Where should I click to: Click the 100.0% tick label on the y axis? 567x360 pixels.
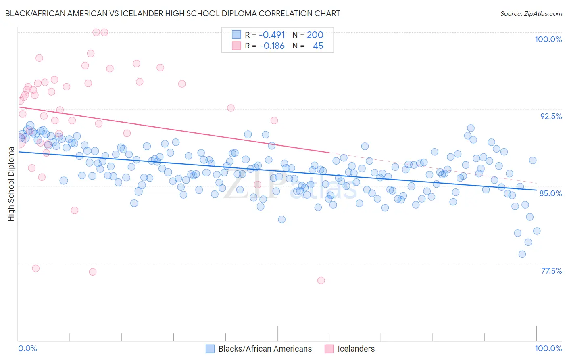[548, 39]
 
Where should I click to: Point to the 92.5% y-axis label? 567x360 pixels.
[551, 116]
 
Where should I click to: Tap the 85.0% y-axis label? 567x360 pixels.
[550, 193]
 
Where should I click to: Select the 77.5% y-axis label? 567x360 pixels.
[551, 271]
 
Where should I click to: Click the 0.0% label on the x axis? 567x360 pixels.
[27, 348]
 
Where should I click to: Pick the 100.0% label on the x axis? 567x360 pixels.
[548, 348]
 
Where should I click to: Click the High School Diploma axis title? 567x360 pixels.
[11, 184]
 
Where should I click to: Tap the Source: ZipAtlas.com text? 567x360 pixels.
[531, 13]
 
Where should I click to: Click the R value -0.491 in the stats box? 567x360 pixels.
[272, 35]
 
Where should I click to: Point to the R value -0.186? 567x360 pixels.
[272, 46]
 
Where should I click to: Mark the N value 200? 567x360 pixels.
[315, 35]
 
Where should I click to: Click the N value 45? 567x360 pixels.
[318, 46]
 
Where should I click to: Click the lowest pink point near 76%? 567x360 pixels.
[321, 280]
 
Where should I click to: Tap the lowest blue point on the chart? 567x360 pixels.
[522, 254]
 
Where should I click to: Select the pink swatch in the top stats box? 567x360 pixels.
[236, 46]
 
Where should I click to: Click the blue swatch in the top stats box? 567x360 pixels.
[236, 35]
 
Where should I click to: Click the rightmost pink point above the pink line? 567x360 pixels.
[274, 120]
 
